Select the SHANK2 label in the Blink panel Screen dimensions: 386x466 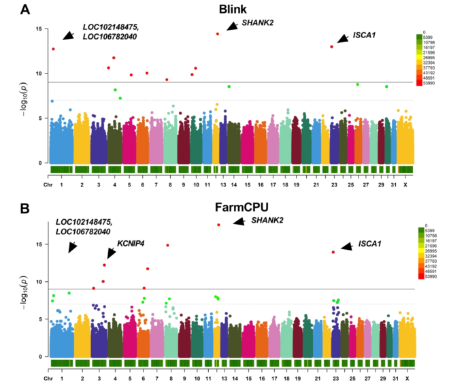click(x=258, y=23)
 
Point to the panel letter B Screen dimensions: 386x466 click(x=25, y=202)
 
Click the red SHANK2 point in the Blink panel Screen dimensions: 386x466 click(x=218, y=33)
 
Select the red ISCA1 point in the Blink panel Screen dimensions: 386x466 click(x=331, y=46)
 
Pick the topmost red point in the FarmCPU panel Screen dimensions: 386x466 click(x=218, y=225)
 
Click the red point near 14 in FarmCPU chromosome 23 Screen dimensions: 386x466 click(x=333, y=252)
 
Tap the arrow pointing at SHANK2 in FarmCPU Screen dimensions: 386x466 click(x=239, y=222)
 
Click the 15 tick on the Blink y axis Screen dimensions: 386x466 click(x=38, y=29)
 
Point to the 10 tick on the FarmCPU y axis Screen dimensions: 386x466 click(x=38, y=281)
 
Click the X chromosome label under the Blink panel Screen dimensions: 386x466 click(x=407, y=184)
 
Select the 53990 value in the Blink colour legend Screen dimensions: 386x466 click(x=431, y=83)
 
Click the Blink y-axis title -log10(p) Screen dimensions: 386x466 click(x=20, y=93)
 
